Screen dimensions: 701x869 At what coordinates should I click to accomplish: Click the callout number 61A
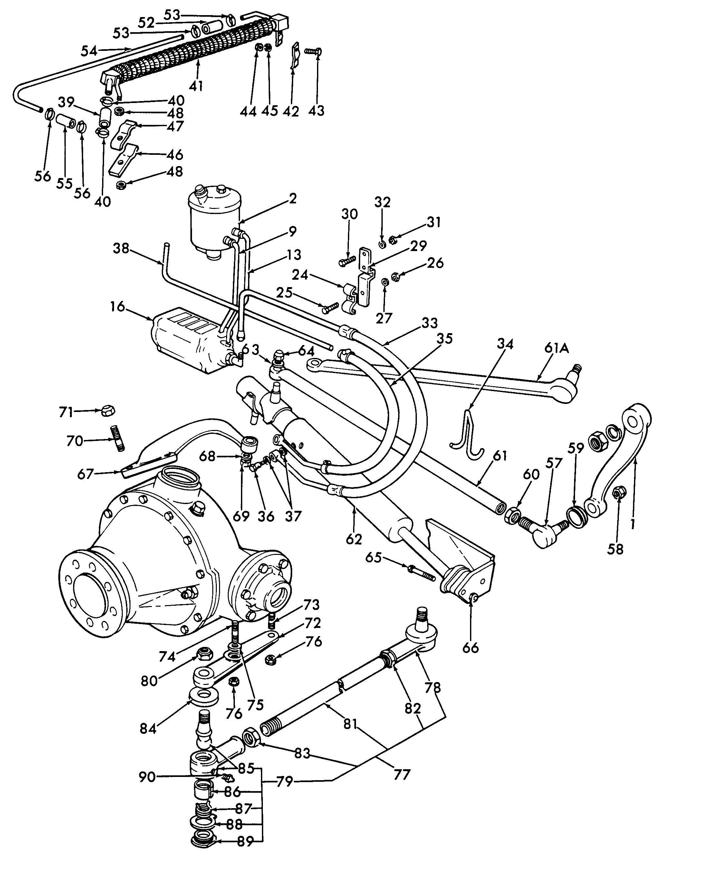556,348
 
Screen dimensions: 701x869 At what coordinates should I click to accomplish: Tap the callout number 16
118,307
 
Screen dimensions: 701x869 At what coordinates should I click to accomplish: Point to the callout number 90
147,777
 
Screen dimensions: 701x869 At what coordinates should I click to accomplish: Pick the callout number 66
470,648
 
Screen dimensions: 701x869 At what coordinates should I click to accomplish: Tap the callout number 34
505,344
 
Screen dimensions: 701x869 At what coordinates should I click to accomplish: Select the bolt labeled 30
347,261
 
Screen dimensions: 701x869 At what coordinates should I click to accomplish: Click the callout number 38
121,248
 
